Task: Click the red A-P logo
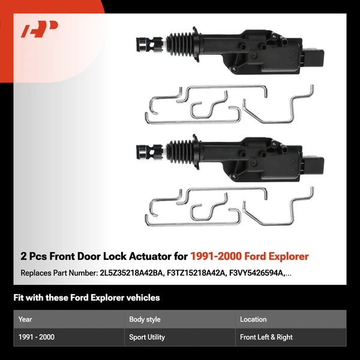click(x=40, y=30)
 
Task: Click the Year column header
click(x=25, y=320)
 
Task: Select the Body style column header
click(x=145, y=320)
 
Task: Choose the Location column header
click(x=253, y=320)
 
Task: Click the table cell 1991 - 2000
click(x=37, y=337)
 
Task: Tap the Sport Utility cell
click(x=147, y=337)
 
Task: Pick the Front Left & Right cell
click(x=266, y=337)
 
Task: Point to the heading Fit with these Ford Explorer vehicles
click(x=86, y=298)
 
